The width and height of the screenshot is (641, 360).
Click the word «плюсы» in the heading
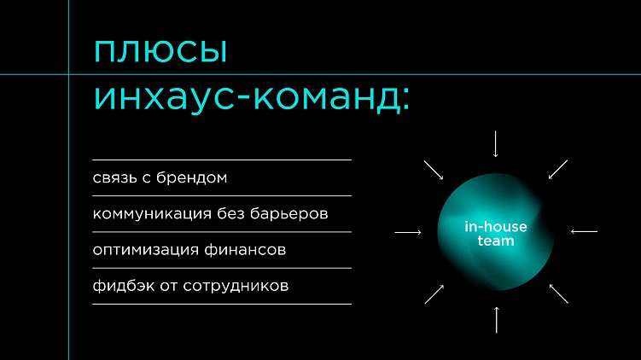click(x=160, y=52)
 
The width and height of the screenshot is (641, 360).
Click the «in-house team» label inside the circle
click(x=495, y=234)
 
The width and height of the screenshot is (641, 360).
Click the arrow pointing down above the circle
click(x=496, y=144)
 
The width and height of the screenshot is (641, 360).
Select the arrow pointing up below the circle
click(x=496, y=318)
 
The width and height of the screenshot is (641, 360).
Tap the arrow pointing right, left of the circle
click(x=408, y=232)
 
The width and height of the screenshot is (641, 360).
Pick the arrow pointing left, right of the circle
click(x=584, y=232)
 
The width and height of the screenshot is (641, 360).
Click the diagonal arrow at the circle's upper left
click(x=434, y=169)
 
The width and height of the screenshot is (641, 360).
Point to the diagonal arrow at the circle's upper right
click(x=558, y=169)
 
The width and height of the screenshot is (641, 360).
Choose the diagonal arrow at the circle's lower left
click(x=434, y=293)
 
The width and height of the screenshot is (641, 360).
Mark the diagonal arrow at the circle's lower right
click(x=558, y=293)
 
